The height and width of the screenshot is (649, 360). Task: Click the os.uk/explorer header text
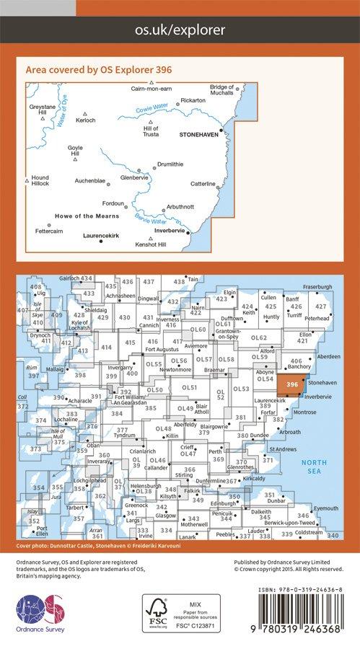(x=180, y=30)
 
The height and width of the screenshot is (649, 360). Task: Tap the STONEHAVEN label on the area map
(x=199, y=134)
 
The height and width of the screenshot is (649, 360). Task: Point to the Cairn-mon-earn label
(x=150, y=88)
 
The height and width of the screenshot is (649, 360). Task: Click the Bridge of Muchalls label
(x=224, y=90)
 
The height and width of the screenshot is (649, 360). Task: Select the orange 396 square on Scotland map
(x=291, y=385)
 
